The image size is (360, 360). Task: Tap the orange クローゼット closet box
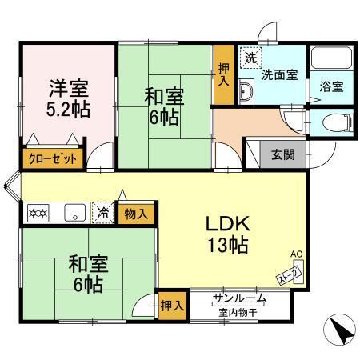click(53, 158)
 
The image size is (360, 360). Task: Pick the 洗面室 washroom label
click(279, 75)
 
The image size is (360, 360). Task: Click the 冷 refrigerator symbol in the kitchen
click(103, 213)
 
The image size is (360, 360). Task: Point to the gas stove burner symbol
click(38, 213)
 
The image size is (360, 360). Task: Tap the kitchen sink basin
click(74, 213)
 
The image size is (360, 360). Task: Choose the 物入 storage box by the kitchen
click(135, 213)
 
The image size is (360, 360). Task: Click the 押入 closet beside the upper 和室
click(225, 77)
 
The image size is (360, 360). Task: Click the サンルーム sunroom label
click(238, 299)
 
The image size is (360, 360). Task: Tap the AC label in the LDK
click(296, 254)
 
